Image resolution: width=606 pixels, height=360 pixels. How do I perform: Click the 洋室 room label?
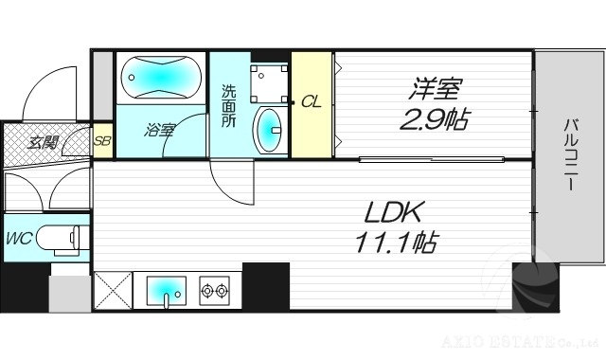click(x=435, y=92)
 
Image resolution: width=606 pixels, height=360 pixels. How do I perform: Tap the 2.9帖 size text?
click(x=434, y=121)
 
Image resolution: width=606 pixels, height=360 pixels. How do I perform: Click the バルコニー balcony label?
click(x=571, y=154)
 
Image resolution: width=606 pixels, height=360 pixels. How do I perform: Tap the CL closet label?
click(x=311, y=102)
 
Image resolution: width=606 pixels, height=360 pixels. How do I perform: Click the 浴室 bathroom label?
click(x=159, y=130)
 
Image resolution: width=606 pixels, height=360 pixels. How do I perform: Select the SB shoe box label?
click(x=103, y=144)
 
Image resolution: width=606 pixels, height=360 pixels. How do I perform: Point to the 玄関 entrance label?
click(x=42, y=144)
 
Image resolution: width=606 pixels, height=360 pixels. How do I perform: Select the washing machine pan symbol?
click(x=269, y=81)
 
